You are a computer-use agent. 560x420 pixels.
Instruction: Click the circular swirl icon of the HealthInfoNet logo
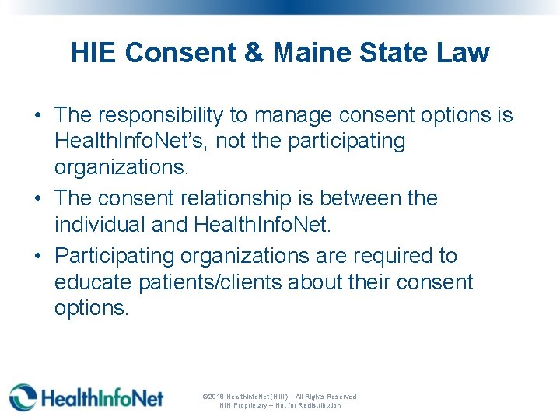(x=23, y=397)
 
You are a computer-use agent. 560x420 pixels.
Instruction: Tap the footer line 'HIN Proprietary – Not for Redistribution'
(x=280, y=405)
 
